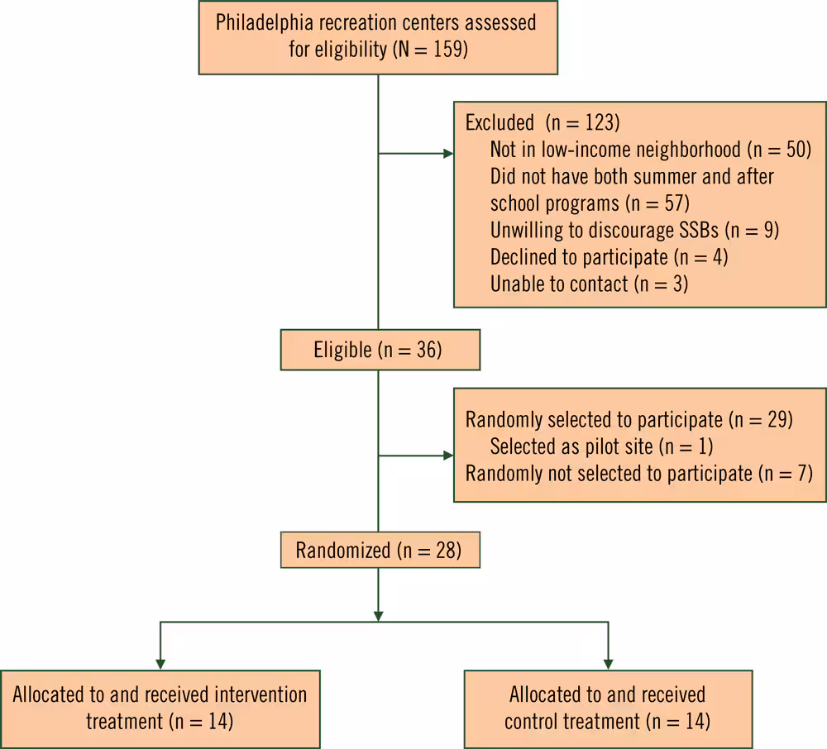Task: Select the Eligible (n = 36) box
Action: [380, 350]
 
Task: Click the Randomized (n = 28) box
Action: [380, 550]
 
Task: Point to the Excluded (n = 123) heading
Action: [542, 123]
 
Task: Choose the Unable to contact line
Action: [589, 284]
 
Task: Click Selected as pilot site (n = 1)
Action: [601, 446]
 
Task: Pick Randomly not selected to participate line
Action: [639, 474]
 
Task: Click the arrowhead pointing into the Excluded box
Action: [448, 154]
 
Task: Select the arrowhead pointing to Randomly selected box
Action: [448, 456]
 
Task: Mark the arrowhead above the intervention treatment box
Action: [160, 663]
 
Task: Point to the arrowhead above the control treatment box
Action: [608, 663]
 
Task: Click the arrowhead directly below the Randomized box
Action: [379, 615]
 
